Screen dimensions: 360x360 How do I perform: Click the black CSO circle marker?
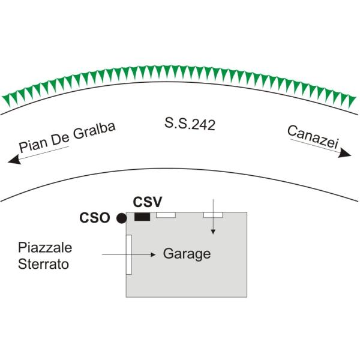pyautogui.click(x=121, y=218)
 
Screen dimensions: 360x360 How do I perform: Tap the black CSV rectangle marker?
pyautogui.click(x=142, y=217)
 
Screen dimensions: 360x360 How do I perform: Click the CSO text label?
pyautogui.click(x=95, y=218)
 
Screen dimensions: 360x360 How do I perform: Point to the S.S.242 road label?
pyautogui.click(x=190, y=125)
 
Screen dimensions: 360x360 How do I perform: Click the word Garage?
pyautogui.click(x=187, y=254)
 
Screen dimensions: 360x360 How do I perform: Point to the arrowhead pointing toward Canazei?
pyautogui.click(x=344, y=154)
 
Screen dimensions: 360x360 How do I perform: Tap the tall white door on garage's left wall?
pyautogui.click(x=128, y=254)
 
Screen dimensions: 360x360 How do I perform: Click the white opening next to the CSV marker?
pyautogui.click(x=166, y=214)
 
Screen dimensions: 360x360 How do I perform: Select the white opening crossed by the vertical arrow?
pyautogui.click(x=213, y=214)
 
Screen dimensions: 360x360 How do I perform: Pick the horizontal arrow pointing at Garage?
pyautogui.click(x=129, y=254)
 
